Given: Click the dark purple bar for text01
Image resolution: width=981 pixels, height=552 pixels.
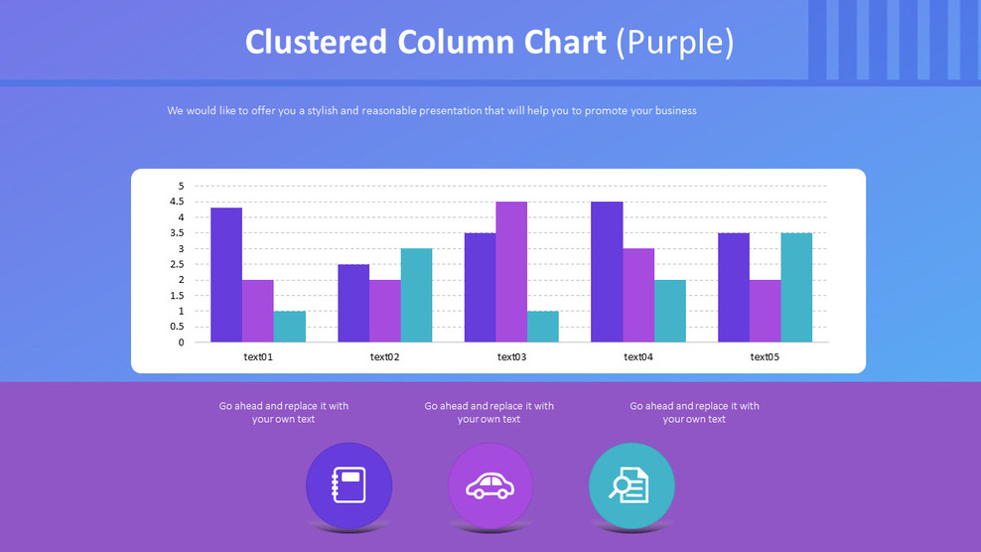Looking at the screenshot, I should click(x=226, y=275).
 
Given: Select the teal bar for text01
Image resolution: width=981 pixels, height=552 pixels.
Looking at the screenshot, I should click(x=290, y=327).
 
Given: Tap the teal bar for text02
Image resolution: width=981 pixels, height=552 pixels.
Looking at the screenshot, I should click(x=416, y=295).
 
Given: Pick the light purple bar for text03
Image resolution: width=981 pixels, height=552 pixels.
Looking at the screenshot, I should click(x=511, y=272).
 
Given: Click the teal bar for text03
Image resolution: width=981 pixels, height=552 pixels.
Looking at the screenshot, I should click(x=543, y=327).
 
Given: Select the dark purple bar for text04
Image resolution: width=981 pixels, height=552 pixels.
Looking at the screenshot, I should click(x=607, y=272).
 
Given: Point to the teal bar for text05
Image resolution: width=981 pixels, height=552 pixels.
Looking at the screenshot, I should click(x=796, y=287).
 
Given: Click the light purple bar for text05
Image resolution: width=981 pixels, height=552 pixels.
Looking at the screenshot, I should click(x=765, y=311).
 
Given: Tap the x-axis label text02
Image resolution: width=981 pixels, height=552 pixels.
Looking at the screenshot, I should click(x=384, y=356).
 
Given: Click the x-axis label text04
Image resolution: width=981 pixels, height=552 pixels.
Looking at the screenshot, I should click(x=638, y=356).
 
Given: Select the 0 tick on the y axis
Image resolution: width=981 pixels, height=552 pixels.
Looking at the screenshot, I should click(x=181, y=343).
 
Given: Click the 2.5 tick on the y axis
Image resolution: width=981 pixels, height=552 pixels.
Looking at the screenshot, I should click(x=178, y=264).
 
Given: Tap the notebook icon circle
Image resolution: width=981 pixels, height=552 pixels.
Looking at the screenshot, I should click(x=350, y=485).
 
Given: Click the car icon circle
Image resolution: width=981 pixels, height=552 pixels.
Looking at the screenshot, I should click(x=490, y=485).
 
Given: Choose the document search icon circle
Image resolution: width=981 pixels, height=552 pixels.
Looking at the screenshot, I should click(x=631, y=485).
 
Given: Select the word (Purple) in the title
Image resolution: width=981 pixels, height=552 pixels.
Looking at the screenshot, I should click(x=674, y=42).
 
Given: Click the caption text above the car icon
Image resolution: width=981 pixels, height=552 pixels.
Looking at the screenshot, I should click(x=490, y=412).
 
